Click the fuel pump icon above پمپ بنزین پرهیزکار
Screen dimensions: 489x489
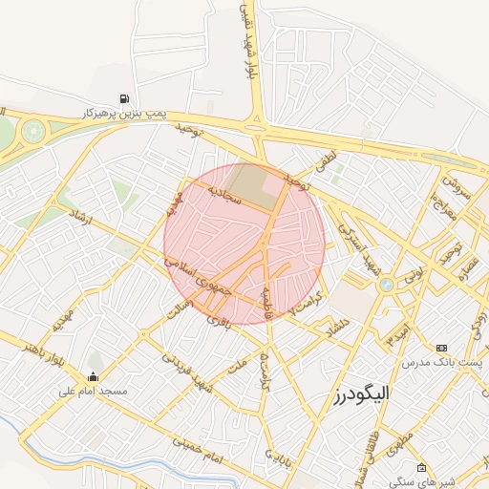(x=124, y=98)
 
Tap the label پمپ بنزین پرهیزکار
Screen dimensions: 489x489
(x=124, y=113)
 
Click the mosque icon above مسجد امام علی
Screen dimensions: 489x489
(x=93, y=375)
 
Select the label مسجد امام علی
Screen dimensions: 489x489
(x=93, y=390)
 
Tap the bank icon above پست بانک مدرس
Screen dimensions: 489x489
(x=441, y=349)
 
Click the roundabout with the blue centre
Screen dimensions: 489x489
(x=386, y=285)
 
